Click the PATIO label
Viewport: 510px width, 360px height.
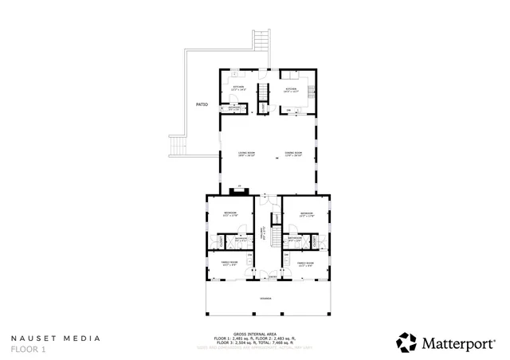[x=202, y=104]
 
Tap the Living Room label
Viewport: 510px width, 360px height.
[x=246, y=154]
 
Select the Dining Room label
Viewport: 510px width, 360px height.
[x=293, y=154]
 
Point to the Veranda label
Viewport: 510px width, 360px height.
[x=265, y=299]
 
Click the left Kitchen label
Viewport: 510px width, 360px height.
[x=238, y=88]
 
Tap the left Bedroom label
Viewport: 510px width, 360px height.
[x=230, y=213]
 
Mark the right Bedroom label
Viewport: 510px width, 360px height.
[x=307, y=213]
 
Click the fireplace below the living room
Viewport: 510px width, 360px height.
[x=237, y=190]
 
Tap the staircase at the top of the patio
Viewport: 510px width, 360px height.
[x=259, y=40]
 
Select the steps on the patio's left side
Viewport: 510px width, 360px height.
[x=178, y=147]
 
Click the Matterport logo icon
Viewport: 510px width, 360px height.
[x=406, y=342]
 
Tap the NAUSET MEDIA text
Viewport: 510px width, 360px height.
[x=56, y=338]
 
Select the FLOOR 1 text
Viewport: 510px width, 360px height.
[x=29, y=349]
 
